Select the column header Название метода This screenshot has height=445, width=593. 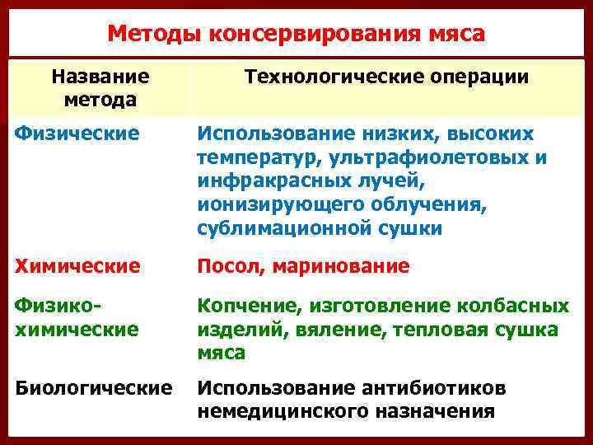click(x=100, y=87)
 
